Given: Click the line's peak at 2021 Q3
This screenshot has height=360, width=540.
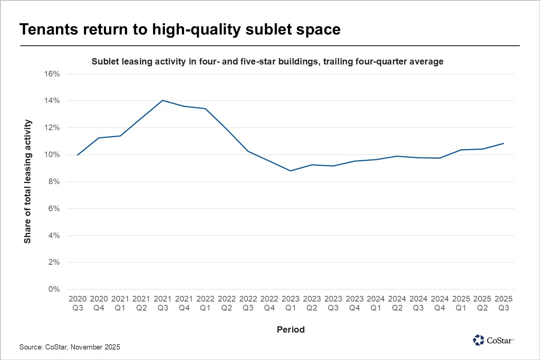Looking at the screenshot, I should [x=162, y=100].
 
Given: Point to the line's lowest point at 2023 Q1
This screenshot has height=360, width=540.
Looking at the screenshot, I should [x=291, y=171].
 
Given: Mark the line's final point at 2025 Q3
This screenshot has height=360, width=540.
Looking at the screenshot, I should [x=503, y=143].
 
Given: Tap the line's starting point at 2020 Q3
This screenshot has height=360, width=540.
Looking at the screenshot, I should [x=78, y=155].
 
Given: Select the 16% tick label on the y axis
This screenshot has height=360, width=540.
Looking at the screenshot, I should [x=52, y=74].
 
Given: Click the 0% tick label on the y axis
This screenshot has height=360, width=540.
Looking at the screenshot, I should [x=54, y=289].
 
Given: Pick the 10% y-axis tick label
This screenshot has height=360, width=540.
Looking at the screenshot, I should [x=52, y=154].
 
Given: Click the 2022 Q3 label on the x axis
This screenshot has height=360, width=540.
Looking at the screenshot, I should [x=248, y=303].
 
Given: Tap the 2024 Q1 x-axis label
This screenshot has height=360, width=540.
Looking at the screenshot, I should [x=376, y=303].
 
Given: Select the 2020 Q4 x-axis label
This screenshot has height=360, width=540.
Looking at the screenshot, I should [x=99, y=303].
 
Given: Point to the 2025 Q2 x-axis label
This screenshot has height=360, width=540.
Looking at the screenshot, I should [x=482, y=303].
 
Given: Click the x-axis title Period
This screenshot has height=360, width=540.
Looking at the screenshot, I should [x=291, y=330].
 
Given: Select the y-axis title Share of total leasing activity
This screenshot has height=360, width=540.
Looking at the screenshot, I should [x=27, y=181].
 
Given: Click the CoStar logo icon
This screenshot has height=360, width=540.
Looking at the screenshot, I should [x=478, y=340].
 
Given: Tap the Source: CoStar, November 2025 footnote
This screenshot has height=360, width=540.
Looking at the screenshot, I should [x=70, y=347].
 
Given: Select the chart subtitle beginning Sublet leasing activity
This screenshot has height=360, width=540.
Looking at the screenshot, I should [x=267, y=61].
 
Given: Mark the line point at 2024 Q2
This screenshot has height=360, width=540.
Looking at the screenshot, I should [x=397, y=156].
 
